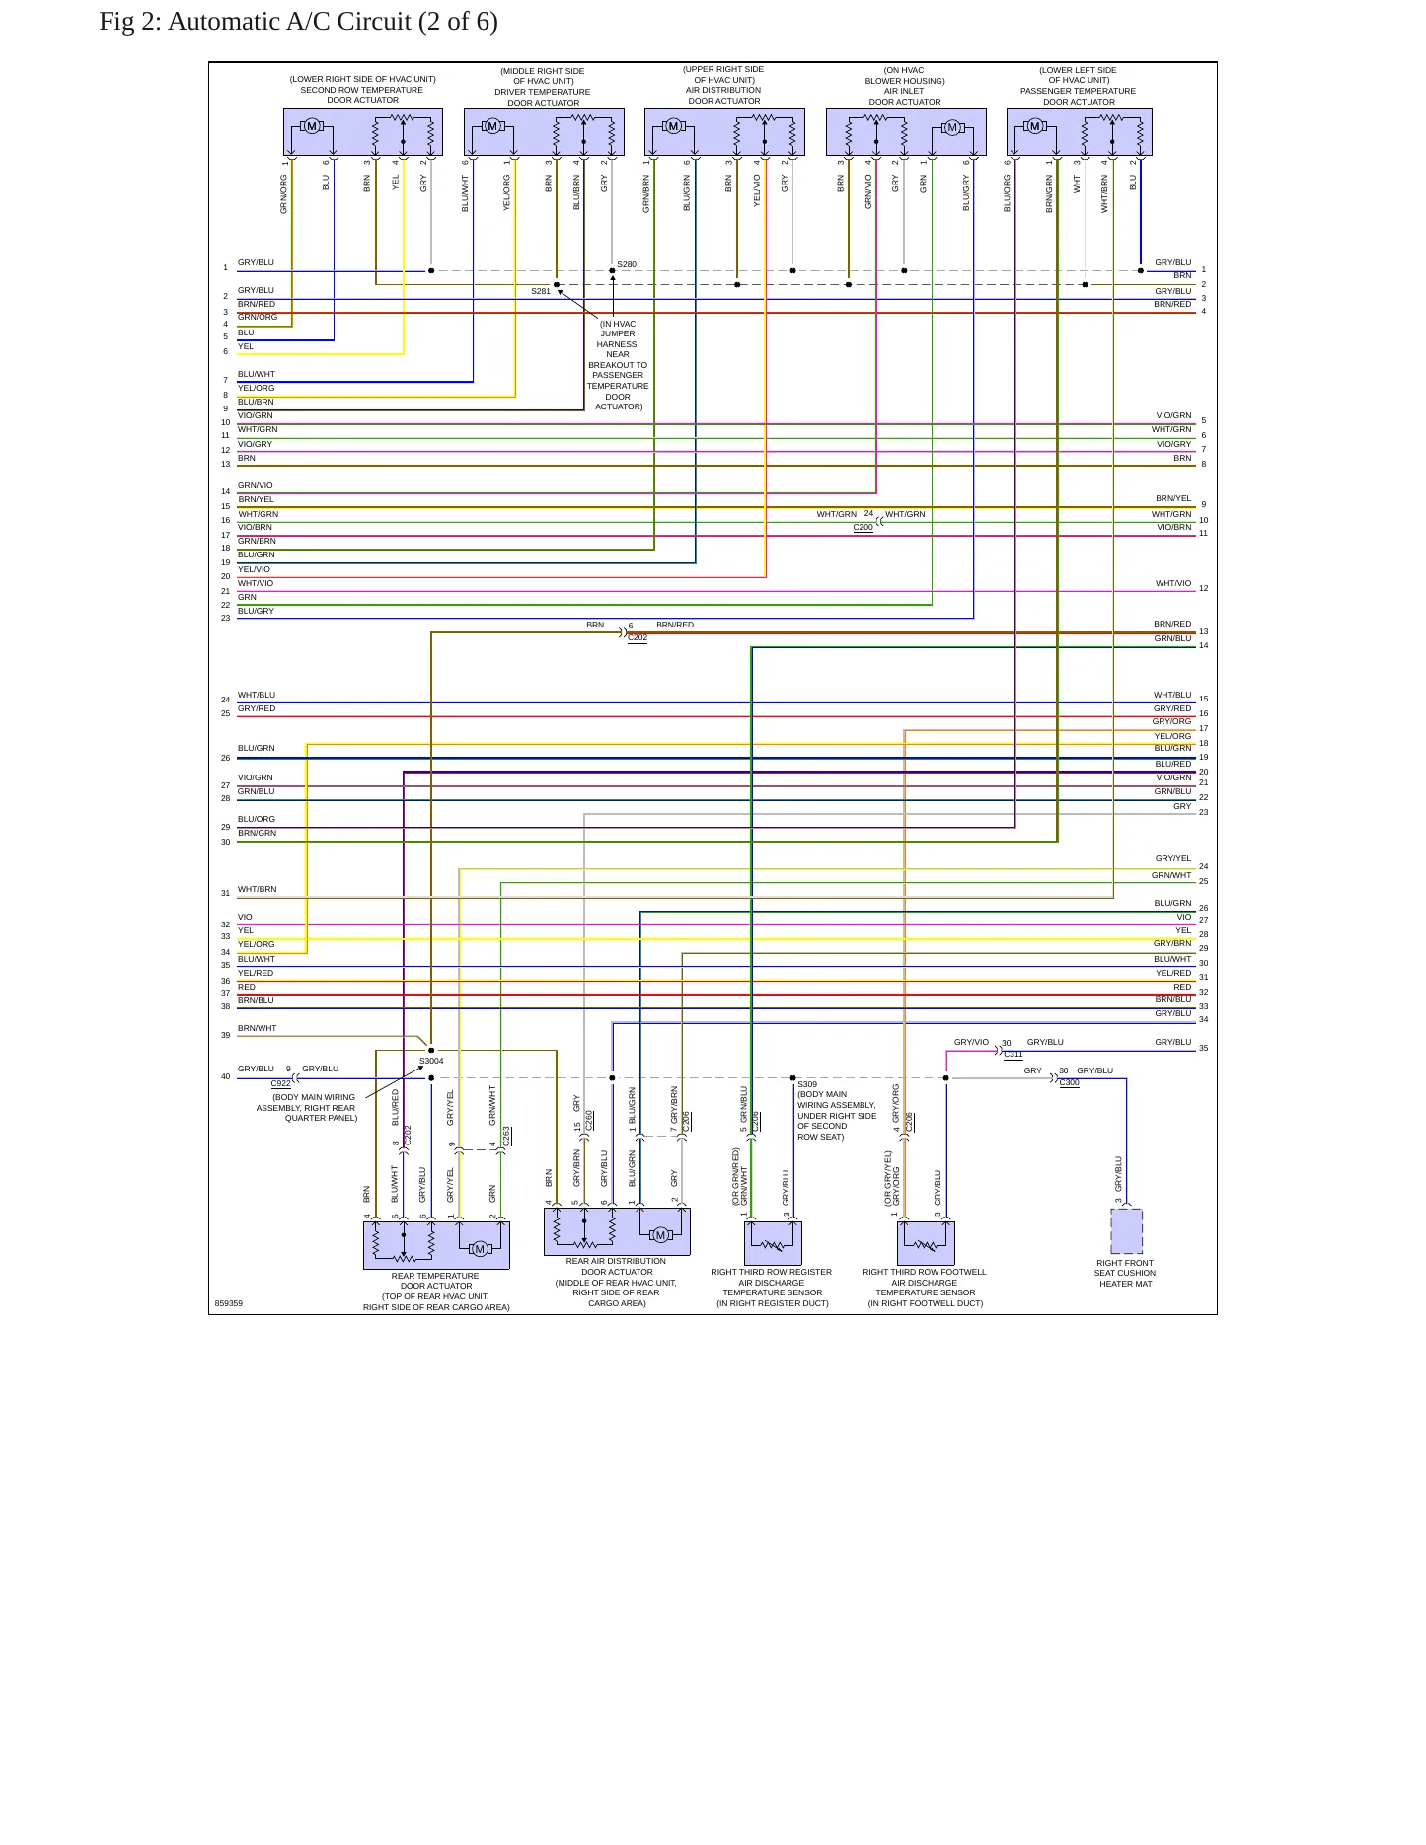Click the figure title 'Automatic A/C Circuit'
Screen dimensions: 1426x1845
coord(289,22)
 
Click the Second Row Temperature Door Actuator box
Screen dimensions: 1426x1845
coord(363,132)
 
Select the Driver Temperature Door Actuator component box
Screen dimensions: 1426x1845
coord(544,132)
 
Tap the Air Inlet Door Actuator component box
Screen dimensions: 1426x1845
coord(906,132)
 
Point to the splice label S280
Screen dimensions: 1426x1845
coord(627,264)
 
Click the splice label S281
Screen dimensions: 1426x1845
coord(541,291)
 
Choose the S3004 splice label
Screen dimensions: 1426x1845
coord(431,1061)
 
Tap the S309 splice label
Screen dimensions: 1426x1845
coord(807,1084)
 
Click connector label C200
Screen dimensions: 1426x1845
coord(863,528)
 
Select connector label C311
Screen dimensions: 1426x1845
coord(1013,1054)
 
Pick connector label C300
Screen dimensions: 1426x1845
coord(1070,1082)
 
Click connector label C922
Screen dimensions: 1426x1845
coord(281,1083)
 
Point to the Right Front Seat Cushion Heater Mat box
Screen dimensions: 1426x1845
coord(1127,1231)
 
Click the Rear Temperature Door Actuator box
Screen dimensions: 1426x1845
coord(436,1245)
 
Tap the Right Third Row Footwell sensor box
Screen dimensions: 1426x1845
coord(926,1243)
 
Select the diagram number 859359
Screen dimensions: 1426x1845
coord(229,1303)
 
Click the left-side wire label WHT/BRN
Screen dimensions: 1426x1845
coord(258,889)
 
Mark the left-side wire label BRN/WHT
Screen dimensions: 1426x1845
coord(258,1028)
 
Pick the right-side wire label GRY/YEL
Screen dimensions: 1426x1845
coord(1173,858)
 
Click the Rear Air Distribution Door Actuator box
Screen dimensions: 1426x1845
coord(617,1231)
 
